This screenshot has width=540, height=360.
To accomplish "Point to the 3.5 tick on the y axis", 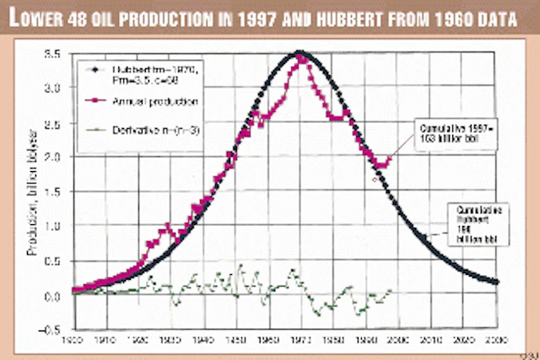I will [x=57, y=53].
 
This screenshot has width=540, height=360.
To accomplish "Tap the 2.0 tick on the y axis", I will [x=57, y=157].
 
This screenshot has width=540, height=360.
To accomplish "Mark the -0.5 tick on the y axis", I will [x=55, y=330].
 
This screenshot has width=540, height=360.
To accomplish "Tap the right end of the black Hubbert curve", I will [x=496, y=282].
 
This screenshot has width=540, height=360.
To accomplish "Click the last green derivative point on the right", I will [x=390, y=291].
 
